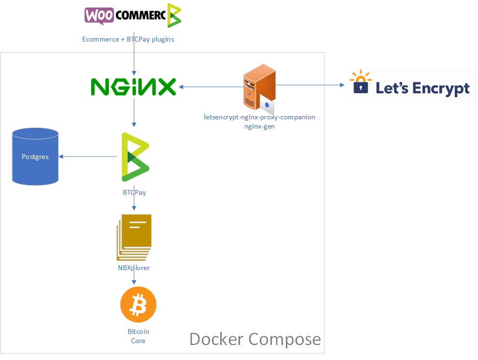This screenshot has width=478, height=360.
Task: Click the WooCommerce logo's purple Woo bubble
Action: tap(99, 15)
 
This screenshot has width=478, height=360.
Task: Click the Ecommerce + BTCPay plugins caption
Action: tap(128, 39)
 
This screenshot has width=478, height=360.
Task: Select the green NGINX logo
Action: tap(133, 87)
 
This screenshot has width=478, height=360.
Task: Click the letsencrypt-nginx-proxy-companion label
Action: tap(260, 117)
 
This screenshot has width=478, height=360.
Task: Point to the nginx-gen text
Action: tap(260, 126)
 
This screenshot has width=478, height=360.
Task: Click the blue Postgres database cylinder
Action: tap(35, 157)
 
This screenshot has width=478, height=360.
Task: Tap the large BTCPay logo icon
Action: tap(135, 157)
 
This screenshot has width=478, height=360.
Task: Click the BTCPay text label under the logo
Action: tap(134, 192)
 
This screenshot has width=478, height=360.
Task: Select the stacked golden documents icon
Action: tap(134, 236)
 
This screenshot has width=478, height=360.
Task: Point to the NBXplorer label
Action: tap(134, 268)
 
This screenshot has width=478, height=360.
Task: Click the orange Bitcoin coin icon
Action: tap(138, 305)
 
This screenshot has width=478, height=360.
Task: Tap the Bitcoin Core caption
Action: tap(138, 336)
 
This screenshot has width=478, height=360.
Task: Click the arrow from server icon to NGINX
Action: tap(210, 87)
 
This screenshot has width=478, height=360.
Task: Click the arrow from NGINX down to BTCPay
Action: tap(134, 114)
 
